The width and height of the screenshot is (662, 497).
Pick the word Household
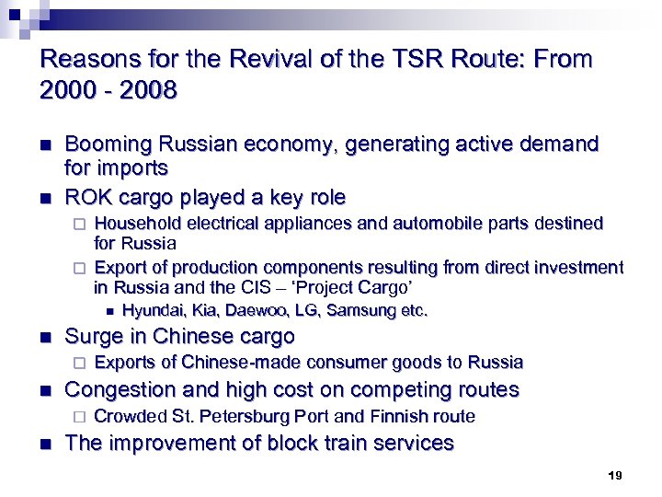(139, 224)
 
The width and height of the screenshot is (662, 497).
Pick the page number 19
(615, 476)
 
